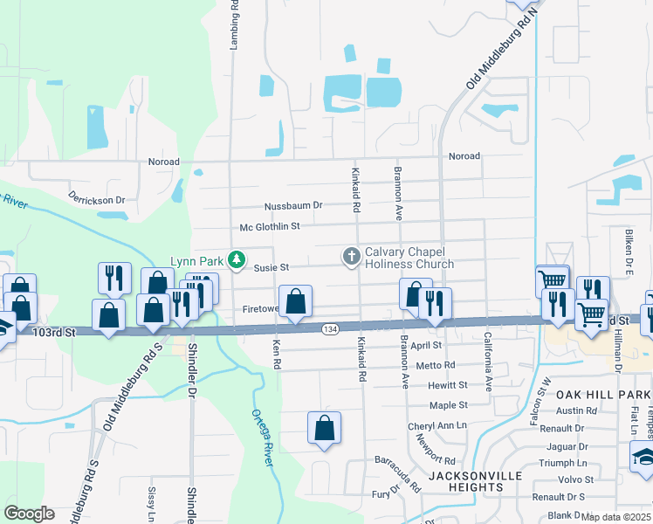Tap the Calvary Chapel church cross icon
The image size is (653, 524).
(351, 256)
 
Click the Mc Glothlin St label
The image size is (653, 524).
(270, 226)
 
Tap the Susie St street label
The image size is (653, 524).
(271, 268)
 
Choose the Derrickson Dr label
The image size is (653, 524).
(97, 199)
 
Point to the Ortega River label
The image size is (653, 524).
(262, 436)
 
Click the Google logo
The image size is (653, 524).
(29, 514)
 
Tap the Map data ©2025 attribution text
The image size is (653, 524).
(615, 517)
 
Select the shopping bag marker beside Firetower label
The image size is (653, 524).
(296, 302)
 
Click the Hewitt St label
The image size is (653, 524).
(448, 385)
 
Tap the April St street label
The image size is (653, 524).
(428, 346)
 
